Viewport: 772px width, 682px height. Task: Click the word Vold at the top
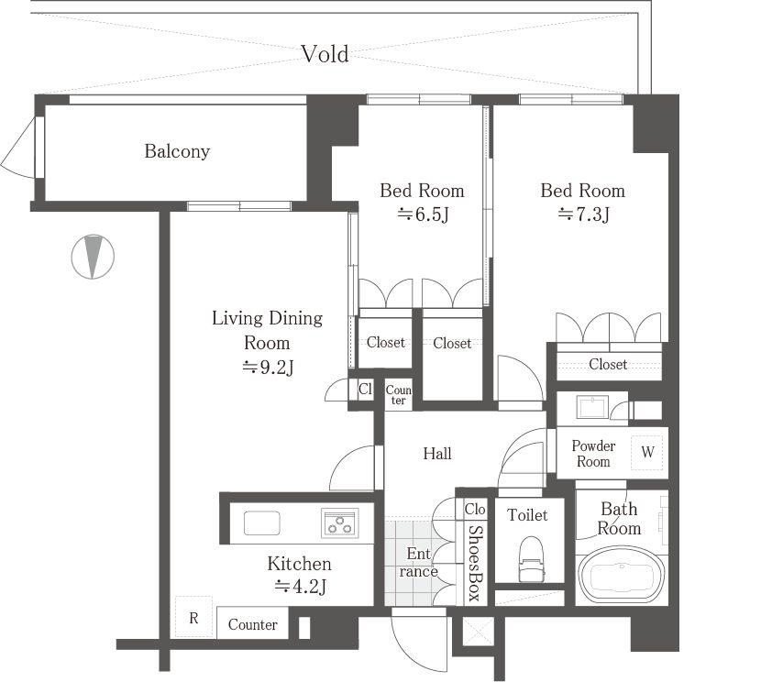[x=325, y=54]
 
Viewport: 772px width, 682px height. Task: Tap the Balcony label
[x=177, y=151]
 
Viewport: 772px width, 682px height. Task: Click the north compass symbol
[x=93, y=257]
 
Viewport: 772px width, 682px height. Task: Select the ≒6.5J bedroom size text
[x=422, y=214]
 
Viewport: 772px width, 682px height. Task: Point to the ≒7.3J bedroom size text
[x=583, y=214]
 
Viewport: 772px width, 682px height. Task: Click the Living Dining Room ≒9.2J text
[x=267, y=343]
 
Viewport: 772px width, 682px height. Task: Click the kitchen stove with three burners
[x=339, y=522]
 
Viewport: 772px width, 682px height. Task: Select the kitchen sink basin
[x=262, y=522]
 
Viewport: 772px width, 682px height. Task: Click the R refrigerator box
[x=193, y=617]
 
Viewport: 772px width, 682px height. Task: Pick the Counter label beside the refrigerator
[x=252, y=624]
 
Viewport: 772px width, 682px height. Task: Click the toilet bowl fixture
[x=531, y=557]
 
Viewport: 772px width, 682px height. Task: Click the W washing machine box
[x=648, y=452]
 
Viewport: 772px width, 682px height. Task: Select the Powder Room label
[x=593, y=454]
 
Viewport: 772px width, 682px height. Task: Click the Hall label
[x=437, y=453]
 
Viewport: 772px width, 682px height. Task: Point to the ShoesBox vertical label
[x=475, y=562]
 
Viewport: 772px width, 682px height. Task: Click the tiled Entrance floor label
[x=418, y=563]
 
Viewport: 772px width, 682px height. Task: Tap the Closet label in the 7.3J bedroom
[x=608, y=364]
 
